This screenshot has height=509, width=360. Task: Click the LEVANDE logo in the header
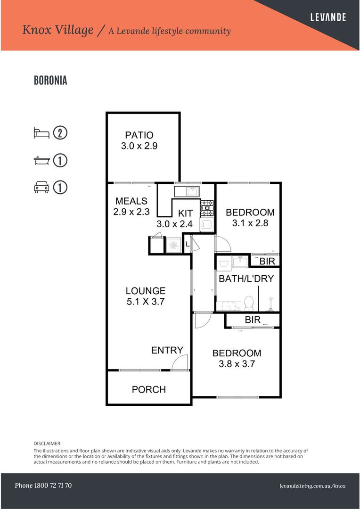coord(328,17)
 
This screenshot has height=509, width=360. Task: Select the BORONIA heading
coord(50,81)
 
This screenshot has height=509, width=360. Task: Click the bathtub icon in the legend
coord(41,160)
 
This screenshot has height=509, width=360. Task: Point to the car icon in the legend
coord(41,188)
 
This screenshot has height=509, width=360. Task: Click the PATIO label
coord(139,135)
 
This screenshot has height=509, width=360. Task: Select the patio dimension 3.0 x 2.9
coord(139,146)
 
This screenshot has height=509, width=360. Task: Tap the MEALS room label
coord(131,201)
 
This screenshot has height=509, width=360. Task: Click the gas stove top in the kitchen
coord(207,206)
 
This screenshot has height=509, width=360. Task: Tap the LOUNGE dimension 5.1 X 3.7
coord(145,302)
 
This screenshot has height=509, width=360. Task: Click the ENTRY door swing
coord(180,363)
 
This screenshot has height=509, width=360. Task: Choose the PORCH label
coord(148,389)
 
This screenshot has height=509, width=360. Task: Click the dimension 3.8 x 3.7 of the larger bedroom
coord(237,364)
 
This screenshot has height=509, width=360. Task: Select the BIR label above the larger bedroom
coord(252,320)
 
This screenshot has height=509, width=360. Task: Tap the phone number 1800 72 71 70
coord(43,485)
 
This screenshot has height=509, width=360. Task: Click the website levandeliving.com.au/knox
coord(312,486)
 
